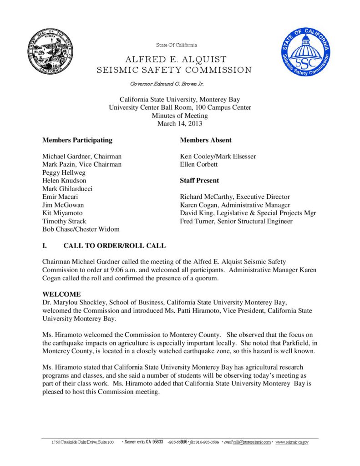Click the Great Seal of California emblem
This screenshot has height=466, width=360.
point(51,52)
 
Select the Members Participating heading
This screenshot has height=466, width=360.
point(77,140)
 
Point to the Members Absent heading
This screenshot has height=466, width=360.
point(206,140)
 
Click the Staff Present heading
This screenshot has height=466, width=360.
point(199,181)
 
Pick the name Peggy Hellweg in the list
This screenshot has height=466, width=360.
point(64,173)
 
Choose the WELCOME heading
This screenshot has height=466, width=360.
point(61,294)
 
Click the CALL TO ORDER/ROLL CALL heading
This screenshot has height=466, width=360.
point(114,246)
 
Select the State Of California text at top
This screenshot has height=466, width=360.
point(177,45)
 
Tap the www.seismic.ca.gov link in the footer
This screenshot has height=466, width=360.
point(292,442)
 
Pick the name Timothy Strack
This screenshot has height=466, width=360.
point(64,222)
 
